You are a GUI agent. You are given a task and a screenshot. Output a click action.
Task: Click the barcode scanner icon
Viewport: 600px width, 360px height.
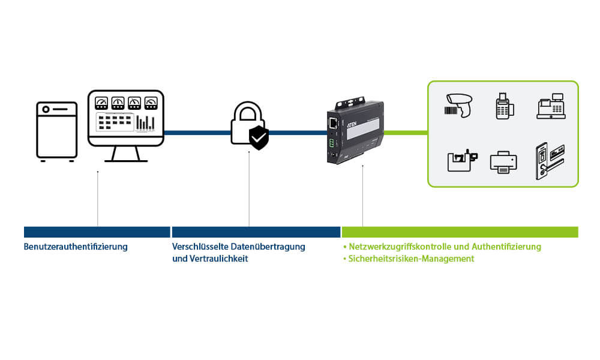[458, 105]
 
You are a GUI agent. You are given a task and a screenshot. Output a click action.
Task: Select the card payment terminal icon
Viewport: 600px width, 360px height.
[502, 106]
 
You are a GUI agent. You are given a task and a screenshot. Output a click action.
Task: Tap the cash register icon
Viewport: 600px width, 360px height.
[551, 106]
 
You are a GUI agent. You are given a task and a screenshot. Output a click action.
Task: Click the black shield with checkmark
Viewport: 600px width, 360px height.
[259, 139]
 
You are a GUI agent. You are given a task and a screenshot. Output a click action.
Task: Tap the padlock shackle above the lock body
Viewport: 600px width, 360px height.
[248, 109]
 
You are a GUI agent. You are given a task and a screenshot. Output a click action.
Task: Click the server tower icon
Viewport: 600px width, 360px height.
[57, 131]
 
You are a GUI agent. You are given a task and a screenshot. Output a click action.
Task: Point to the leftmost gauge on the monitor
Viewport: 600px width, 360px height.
[101, 103]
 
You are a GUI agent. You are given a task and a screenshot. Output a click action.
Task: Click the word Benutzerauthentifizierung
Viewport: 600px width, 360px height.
[76, 247]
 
